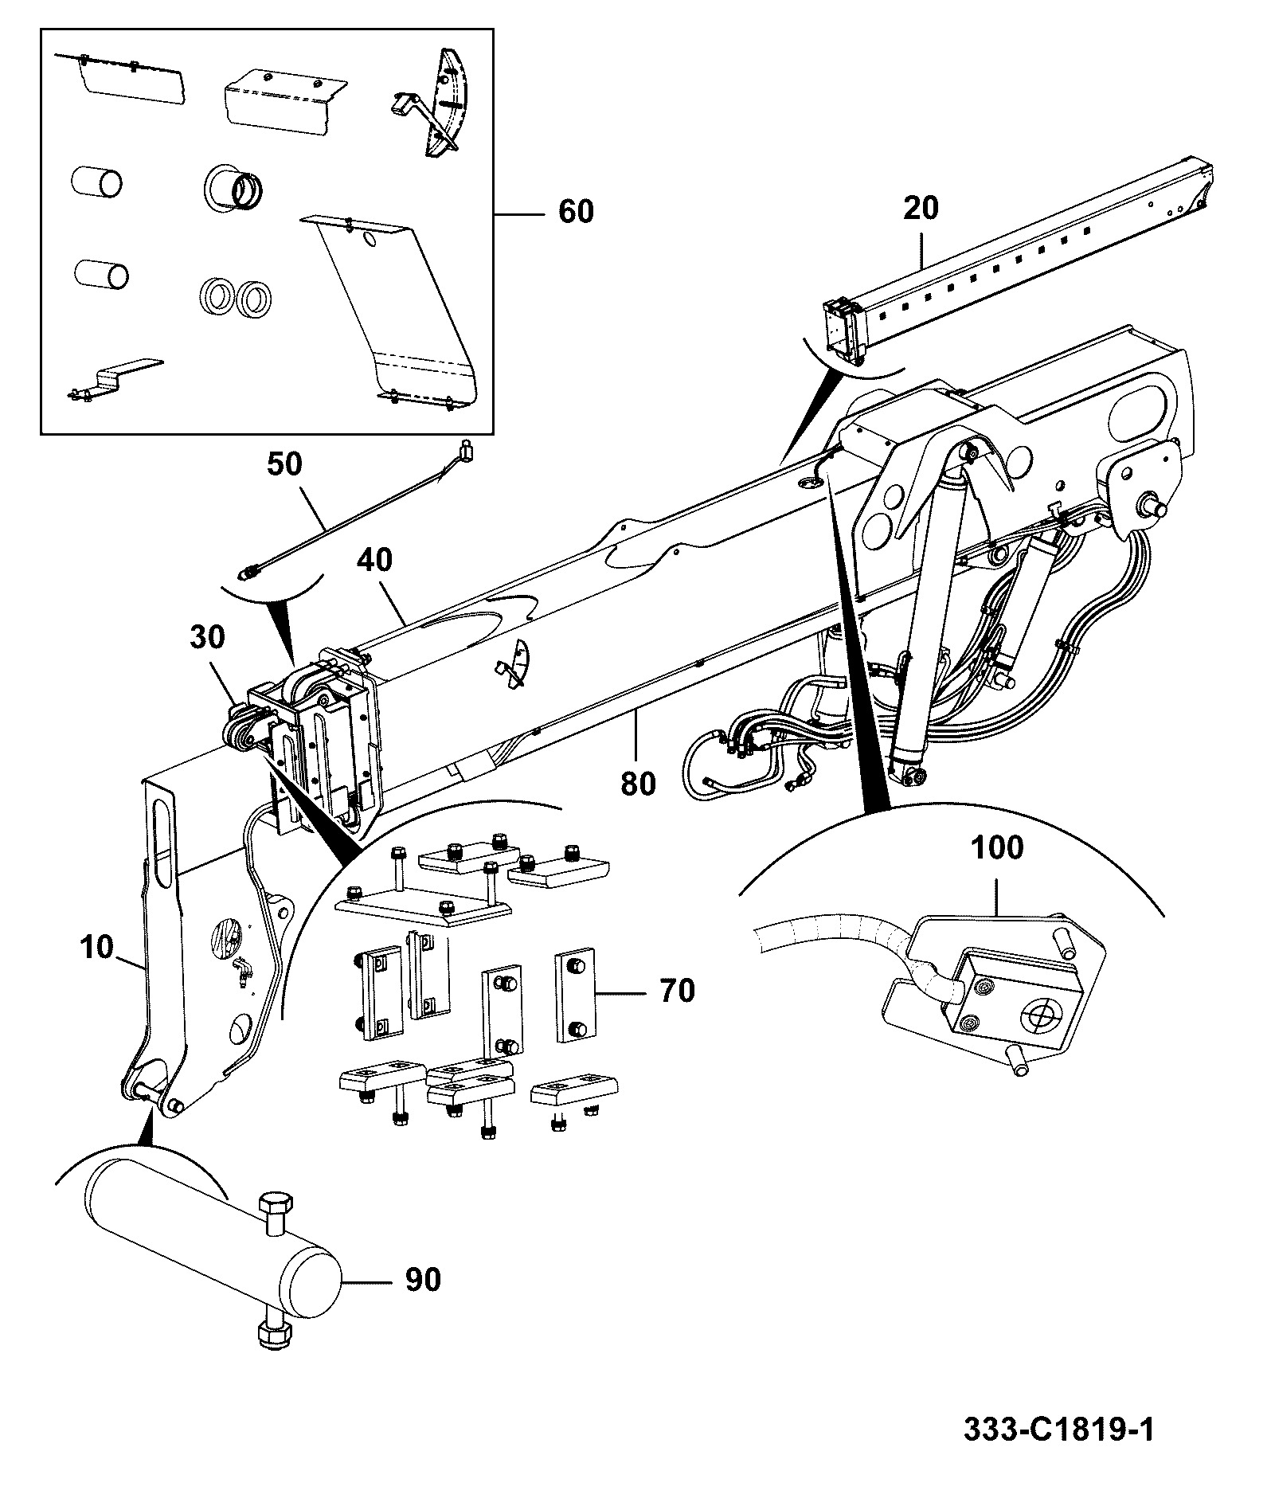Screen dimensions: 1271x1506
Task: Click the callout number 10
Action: [x=97, y=950]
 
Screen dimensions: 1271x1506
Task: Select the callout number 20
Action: [x=921, y=209]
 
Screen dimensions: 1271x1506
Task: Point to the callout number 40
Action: [x=374, y=560]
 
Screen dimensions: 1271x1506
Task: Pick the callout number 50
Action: [x=284, y=465]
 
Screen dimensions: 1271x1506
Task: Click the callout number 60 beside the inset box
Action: [x=576, y=212]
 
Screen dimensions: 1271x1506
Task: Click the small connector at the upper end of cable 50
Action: [x=466, y=452]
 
